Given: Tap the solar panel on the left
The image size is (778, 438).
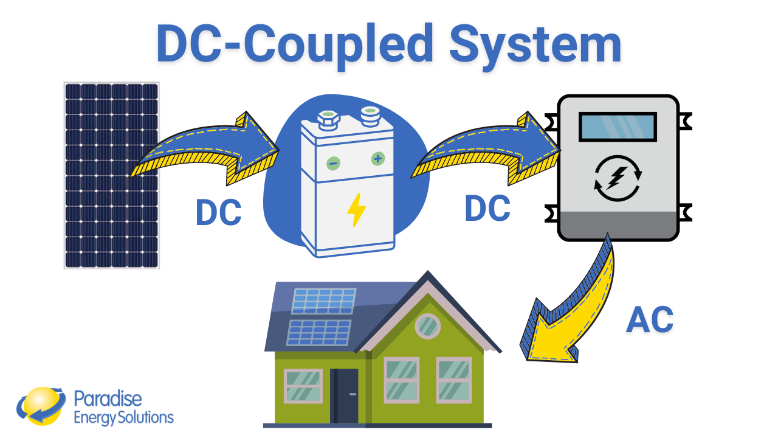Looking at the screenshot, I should coord(111,175).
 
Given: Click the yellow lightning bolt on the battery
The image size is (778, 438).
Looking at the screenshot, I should coord(356,210).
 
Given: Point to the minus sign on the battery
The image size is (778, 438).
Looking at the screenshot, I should coord(333,163).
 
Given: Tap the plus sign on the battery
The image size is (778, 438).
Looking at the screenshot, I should coord(377,159).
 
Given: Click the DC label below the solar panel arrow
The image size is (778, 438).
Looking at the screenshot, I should coord(218,214).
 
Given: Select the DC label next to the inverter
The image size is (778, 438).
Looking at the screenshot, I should coord(487,209).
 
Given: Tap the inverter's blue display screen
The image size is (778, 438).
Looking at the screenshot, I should coord(618,127).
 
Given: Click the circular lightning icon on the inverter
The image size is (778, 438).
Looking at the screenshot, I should coord(618,178).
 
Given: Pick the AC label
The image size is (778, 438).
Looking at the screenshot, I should coord(649,319).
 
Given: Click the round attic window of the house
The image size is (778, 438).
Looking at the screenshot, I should coord(428,326).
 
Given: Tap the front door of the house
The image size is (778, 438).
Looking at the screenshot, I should coord(345,395).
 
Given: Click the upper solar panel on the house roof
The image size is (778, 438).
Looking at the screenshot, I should coord(323,301).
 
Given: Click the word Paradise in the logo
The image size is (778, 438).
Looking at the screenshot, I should coord(108,398).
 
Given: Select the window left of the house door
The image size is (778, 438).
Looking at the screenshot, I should coord(303,386).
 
